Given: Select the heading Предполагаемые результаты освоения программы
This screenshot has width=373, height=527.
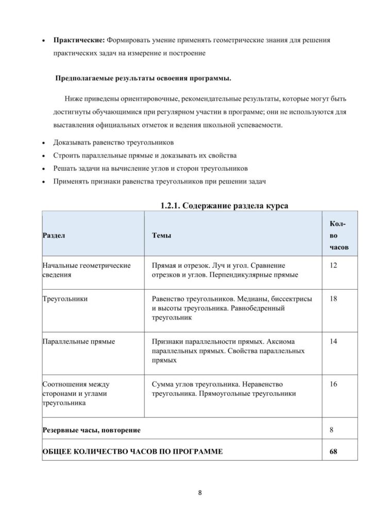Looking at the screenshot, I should tap(143, 79).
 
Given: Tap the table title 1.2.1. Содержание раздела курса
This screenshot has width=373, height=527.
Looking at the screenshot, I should tap(224, 205).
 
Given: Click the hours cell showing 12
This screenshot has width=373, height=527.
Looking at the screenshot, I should tap(333, 266).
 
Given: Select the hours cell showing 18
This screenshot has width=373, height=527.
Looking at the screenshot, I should tap(333, 299).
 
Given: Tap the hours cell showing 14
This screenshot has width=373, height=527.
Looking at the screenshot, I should tap(333, 341).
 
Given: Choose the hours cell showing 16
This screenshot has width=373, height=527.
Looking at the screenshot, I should tap(333, 384).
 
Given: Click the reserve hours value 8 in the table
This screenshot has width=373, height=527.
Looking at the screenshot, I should tap(331, 428).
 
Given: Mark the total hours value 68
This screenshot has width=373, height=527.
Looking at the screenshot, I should tap(333, 451).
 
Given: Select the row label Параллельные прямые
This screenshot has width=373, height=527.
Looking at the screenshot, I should tap(78, 341).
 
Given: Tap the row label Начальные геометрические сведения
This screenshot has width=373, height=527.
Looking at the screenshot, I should tap(86, 270).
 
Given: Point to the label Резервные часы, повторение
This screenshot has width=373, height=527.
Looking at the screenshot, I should tap(91, 428).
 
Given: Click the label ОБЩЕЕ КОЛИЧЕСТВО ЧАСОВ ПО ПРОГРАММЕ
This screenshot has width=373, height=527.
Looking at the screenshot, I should tap(132, 451).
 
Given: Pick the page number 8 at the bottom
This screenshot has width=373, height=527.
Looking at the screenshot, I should tap(200, 493).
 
